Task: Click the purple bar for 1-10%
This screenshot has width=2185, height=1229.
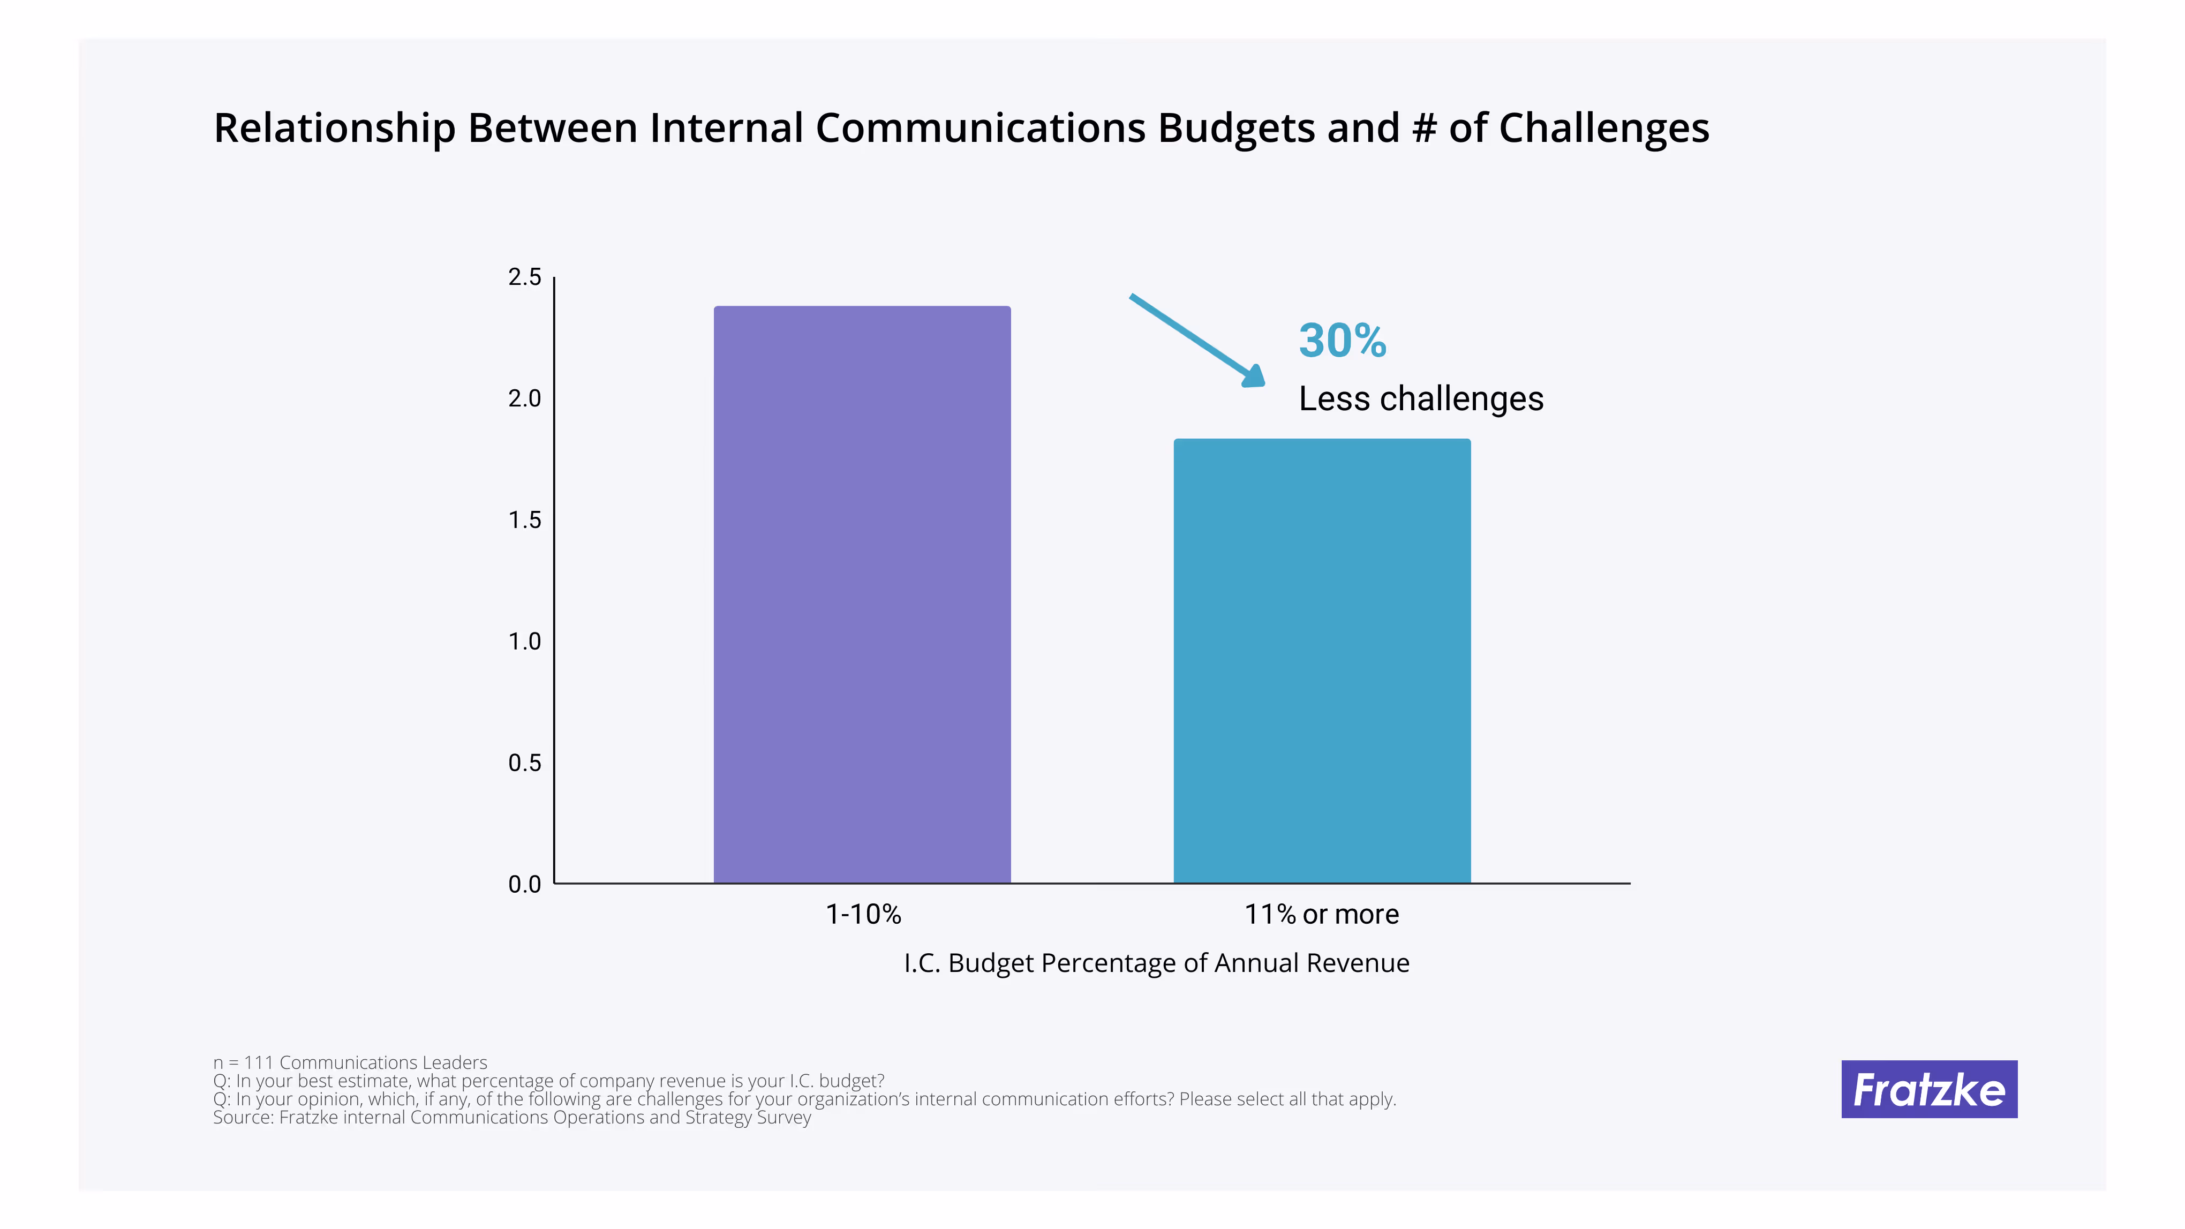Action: tap(862, 594)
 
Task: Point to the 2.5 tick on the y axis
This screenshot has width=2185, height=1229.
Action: tap(524, 277)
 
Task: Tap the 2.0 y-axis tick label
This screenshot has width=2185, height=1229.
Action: tap(524, 398)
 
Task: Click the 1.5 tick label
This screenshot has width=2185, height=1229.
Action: tap(524, 520)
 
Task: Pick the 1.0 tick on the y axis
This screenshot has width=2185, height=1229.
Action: tap(524, 641)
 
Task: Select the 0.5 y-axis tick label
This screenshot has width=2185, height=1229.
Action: tap(524, 763)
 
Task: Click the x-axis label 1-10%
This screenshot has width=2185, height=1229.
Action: tap(863, 914)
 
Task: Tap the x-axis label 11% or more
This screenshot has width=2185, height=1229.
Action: tap(1321, 914)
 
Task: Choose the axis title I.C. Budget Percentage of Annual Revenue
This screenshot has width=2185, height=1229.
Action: tap(1156, 963)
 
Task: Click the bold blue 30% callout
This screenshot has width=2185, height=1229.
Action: tap(1342, 341)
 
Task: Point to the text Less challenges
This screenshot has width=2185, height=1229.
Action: tap(1421, 398)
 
